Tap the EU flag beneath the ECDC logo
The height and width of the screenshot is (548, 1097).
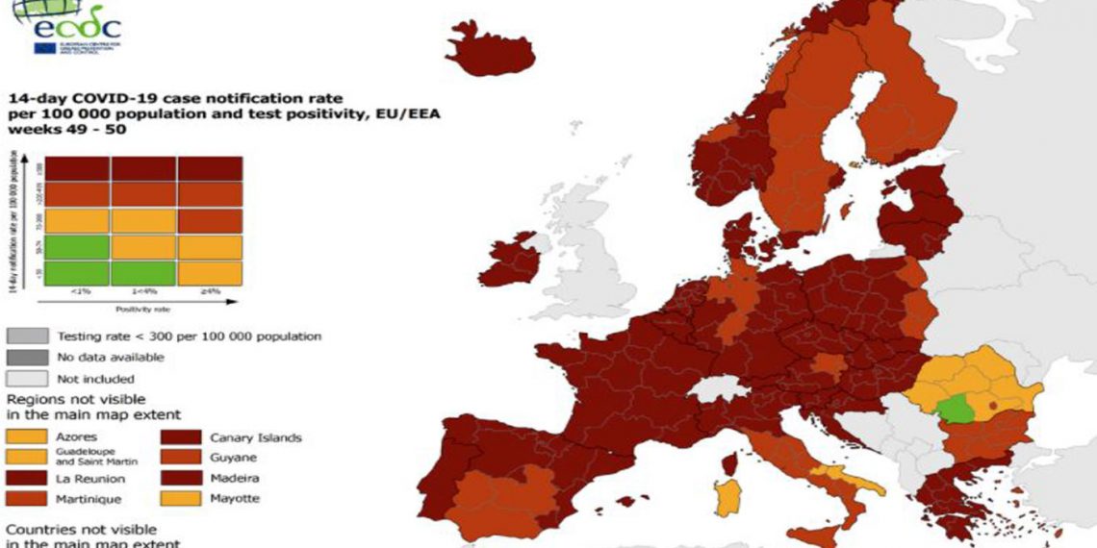pos(44,48)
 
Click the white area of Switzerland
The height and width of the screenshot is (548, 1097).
pos(715,389)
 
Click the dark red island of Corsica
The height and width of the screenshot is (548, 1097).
pos(729,463)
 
